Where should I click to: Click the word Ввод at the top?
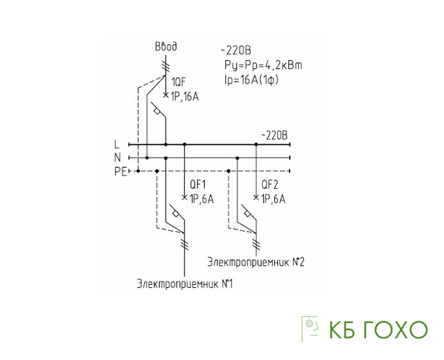point(166,47)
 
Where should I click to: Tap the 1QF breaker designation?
point(179,82)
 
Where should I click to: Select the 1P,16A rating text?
point(185,97)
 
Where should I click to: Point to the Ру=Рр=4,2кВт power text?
point(263,66)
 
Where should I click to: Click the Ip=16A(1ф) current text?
point(251,80)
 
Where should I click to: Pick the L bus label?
point(117,144)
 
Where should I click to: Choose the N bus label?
point(117,158)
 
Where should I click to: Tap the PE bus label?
point(121,172)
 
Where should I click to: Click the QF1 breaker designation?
point(198,184)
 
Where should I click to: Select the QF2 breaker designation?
point(270,184)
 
